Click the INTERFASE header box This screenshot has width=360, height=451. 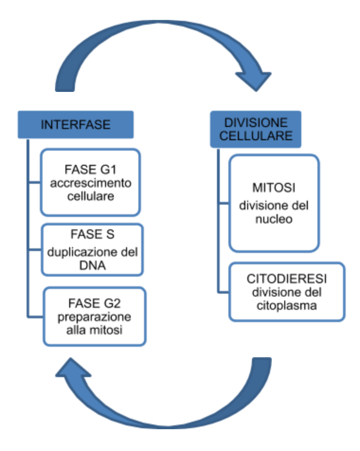click(x=75, y=125)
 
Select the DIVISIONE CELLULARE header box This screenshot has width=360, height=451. click(x=255, y=129)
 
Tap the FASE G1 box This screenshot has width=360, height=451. click(x=90, y=182)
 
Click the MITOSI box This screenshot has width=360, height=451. click(x=274, y=202)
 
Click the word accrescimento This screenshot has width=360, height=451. click(x=90, y=183)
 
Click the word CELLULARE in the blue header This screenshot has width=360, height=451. click(x=255, y=136)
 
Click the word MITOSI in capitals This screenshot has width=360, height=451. click(x=273, y=188)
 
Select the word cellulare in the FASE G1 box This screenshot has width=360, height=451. click(x=90, y=196)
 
